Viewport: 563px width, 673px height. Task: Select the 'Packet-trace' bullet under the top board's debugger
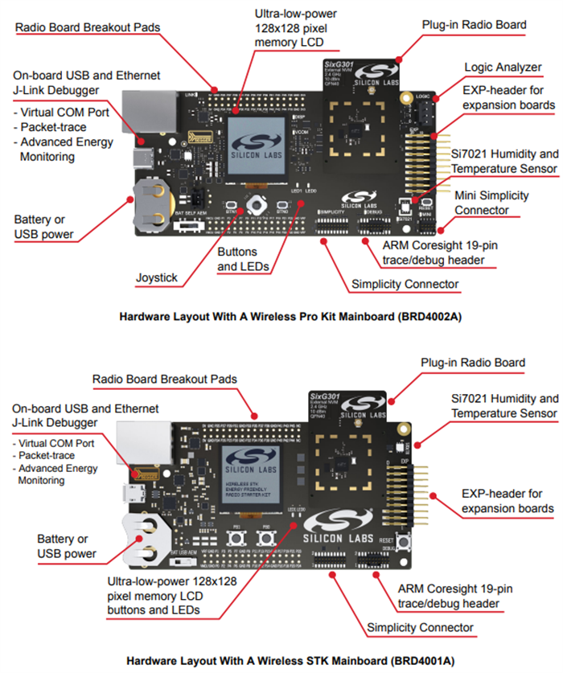point(55,127)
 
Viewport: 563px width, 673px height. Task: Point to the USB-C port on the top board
point(146,154)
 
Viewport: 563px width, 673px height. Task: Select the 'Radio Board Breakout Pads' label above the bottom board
point(165,379)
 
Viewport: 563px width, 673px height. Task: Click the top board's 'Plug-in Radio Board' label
point(474,25)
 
